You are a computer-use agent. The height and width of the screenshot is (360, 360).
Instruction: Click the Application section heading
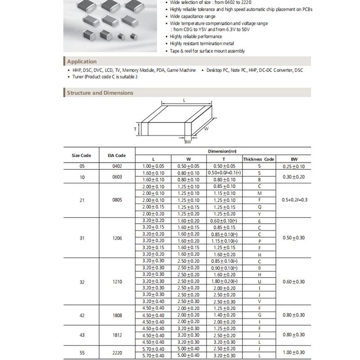click(81, 62)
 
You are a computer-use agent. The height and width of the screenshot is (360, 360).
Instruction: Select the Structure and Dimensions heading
click(100, 93)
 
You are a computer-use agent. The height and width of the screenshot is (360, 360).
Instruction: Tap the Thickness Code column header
click(259, 159)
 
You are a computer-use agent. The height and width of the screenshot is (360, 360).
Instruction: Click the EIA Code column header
click(117, 155)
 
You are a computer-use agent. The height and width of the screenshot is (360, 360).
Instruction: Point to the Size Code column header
click(81, 155)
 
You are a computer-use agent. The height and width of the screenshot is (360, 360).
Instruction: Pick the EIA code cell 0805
click(117, 200)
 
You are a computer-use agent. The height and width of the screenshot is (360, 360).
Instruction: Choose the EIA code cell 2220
click(117, 352)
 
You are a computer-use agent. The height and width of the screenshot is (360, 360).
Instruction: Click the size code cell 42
click(81, 315)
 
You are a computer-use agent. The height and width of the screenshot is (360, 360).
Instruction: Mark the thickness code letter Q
click(259, 207)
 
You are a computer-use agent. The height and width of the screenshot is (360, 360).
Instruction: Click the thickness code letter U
click(259, 281)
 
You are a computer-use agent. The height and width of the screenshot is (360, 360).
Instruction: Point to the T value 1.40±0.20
click(224, 315)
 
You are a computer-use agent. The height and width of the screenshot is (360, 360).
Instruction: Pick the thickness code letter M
click(259, 193)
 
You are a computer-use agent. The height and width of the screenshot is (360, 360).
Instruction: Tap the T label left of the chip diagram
click(135, 129)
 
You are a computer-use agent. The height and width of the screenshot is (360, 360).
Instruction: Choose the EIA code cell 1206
click(117, 238)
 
